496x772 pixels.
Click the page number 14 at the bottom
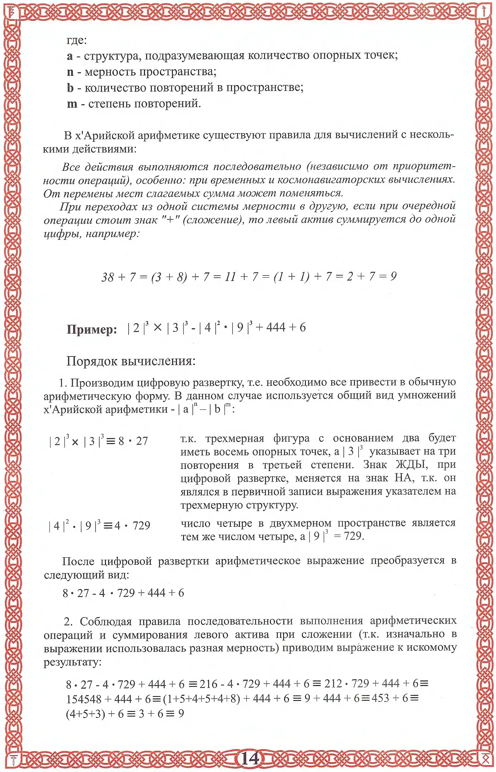click(x=249, y=758)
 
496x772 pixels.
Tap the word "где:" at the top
click(x=77, y=40)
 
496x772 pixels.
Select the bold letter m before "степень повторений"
click(x=72, y=104)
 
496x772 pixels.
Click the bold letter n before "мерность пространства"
click(x=70, y=72)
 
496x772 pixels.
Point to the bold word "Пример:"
click(x=92, y=329)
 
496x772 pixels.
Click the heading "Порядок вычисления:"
click(x=131, y=361)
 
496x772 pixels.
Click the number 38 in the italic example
click(x=108, y=277)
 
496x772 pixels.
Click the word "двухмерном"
click(x=301, y=523)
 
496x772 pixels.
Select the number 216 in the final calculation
click(x=208, y=684)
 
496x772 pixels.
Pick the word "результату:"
click(x=73, y=662)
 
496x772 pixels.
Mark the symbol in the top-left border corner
click(x=13, y=12)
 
